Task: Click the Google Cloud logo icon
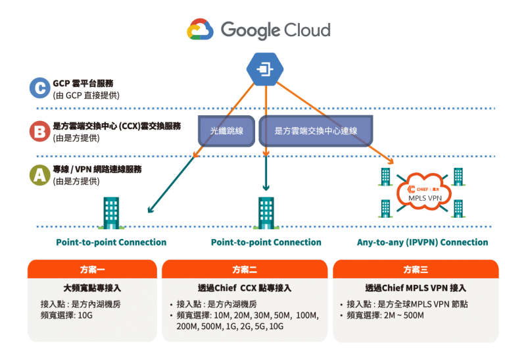[x=200, y=30]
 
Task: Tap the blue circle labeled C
[x=39, y=88]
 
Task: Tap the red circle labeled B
[x=39, y=131]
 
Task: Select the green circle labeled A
[x=39, y=174]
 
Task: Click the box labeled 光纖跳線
[x=226, y=130]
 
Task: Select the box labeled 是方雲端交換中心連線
[x=316, y=130]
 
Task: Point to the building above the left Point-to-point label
[x=111, y=213]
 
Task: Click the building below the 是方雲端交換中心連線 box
[x=266, y=213]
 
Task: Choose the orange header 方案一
[x=91, y=270]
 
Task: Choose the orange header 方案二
[x=245, y=270]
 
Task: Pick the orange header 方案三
[x=416, y=270]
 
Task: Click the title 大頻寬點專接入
[x=92, y=288]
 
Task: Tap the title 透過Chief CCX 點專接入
[x=245, y=288]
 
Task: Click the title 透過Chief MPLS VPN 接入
[x=416, y=288]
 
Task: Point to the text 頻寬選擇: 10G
[x=68, y=316]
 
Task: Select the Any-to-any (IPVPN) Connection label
[x=422, y=243]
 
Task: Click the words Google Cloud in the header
[x=276, y=30]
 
